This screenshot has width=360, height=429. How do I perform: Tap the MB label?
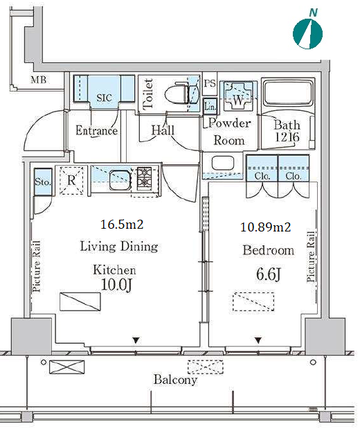point(39,80)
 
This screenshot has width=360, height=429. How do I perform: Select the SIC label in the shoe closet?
point(104,98)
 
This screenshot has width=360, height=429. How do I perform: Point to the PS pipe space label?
point(210,83)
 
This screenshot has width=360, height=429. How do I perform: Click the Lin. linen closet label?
point(210,106)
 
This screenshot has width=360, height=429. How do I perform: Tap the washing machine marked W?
point(238,96)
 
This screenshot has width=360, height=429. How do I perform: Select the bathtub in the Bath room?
point(287,93)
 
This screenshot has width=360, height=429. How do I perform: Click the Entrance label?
point(96,130)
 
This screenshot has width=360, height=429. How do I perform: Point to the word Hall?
point(163,130)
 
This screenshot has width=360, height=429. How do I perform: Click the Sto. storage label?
point(43,182)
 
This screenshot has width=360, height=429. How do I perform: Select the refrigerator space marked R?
point(71,180)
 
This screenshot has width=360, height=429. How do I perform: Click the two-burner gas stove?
point(144,178)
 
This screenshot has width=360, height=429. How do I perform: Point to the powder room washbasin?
point(223,164)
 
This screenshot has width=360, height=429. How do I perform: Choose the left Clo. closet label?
point(262,176)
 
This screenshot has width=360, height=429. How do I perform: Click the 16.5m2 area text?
point(122,225)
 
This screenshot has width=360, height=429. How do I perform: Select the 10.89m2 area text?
point(265,227)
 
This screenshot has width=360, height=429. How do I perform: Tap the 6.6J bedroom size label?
point(269,274)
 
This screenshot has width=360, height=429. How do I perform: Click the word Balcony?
point(175,380)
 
